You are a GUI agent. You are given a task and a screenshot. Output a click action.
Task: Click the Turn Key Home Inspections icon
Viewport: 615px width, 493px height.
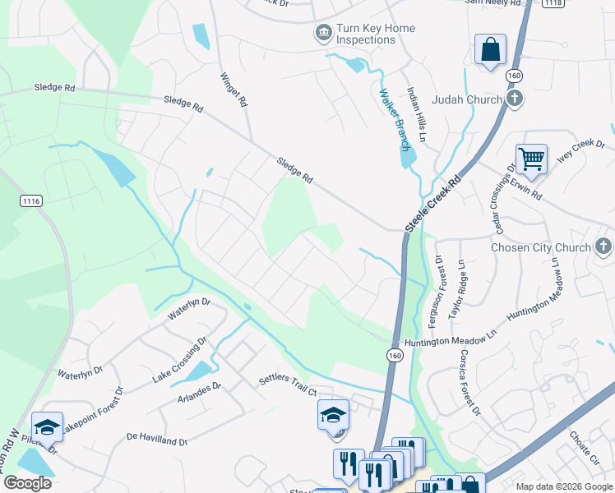(323, 34)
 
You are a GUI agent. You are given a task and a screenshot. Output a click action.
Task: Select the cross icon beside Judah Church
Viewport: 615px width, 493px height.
(515, 99)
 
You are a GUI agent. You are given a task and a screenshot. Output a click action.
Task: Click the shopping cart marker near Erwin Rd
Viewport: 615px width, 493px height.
(531, 159)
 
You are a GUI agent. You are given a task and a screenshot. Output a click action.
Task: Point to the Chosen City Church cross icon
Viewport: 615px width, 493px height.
(603, 246)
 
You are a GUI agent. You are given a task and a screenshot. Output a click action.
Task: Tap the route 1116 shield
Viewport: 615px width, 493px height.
(32, 200)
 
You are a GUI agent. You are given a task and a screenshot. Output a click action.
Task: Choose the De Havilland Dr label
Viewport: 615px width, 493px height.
(157, 440)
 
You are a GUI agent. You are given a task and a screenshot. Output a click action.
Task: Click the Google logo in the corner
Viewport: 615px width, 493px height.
(26, 483)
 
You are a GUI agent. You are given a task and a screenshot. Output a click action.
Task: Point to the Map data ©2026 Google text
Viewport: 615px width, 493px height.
(564, 486)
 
